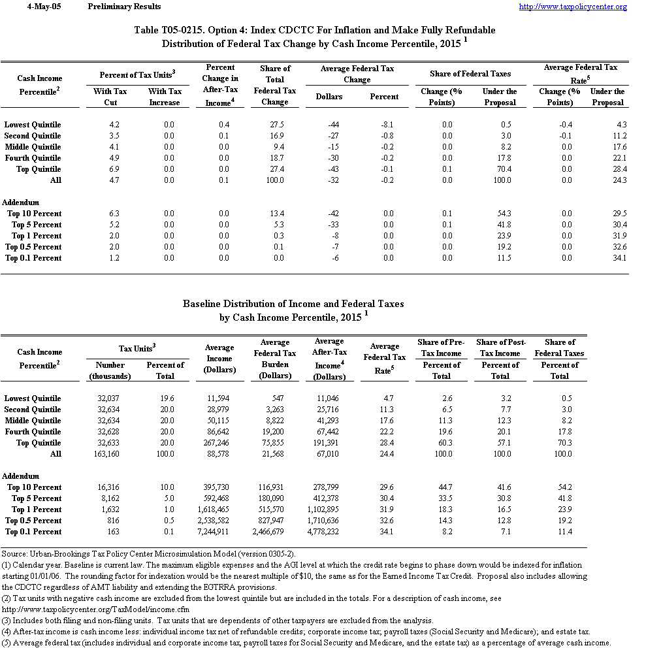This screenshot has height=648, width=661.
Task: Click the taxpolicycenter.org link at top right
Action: point(573,7)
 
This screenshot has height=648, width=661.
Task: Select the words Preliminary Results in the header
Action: point(124,7)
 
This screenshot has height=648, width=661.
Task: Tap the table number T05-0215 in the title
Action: point(189,30)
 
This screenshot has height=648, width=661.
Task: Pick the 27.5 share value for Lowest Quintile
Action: point(275,125)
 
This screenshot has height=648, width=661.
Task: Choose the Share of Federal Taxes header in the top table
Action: point(470,74)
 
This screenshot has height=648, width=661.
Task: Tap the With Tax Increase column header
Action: point(165,97)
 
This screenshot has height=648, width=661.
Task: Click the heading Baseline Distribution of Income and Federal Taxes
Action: point(293,304)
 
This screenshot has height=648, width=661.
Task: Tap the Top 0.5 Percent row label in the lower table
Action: point(33,521)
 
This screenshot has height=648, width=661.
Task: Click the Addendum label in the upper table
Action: point(21,202)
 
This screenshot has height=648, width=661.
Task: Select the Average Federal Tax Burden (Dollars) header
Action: point(275,359)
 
